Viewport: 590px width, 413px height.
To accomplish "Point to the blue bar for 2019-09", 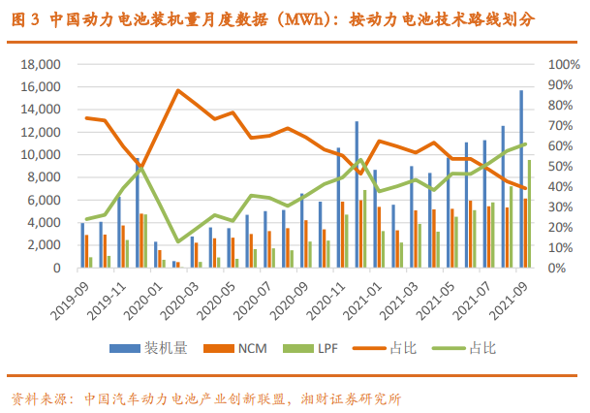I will click(x=82, y=244).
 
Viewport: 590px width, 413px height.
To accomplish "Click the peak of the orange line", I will click(x=177, y=90).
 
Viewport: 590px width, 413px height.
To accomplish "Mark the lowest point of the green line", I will click(x=177, y=241).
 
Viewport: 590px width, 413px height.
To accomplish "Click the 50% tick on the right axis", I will click(x=560, y=166).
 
